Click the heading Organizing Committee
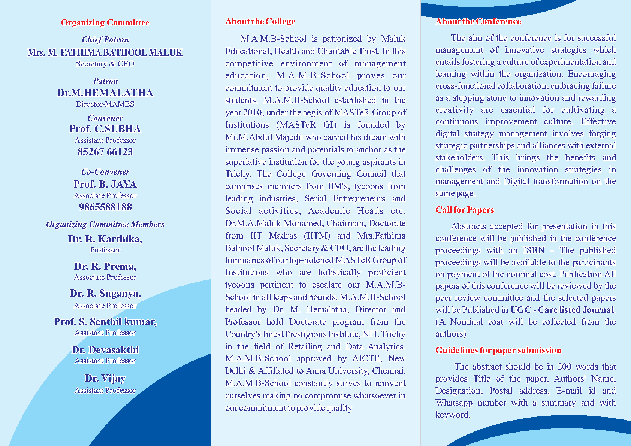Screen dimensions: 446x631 click(105, 23)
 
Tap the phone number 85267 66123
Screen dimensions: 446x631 click(105, 152)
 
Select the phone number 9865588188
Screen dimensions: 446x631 click(105, 207)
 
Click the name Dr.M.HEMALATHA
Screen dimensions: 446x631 click(105, 93)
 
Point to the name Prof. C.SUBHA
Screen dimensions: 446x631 click(105, 129)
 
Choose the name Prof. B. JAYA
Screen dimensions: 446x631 click(105, 184)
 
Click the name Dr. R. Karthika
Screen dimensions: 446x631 click(105, 239)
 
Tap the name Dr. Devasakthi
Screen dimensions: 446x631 click(105, 350)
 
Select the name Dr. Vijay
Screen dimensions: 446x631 click(105, 378)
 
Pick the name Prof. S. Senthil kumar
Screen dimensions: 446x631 click(105, 322)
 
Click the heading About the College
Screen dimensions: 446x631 click(260, 22)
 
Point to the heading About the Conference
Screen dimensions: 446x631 click(478, 22)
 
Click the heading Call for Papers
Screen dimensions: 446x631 click(465, 210)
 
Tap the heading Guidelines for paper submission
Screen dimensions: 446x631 click(498, 350)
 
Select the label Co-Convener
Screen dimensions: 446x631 click(105, 172)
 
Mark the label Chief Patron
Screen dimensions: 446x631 click(105, 40)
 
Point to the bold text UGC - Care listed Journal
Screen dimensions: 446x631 click(562, 310)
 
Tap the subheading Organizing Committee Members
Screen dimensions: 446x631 click(105, 224)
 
